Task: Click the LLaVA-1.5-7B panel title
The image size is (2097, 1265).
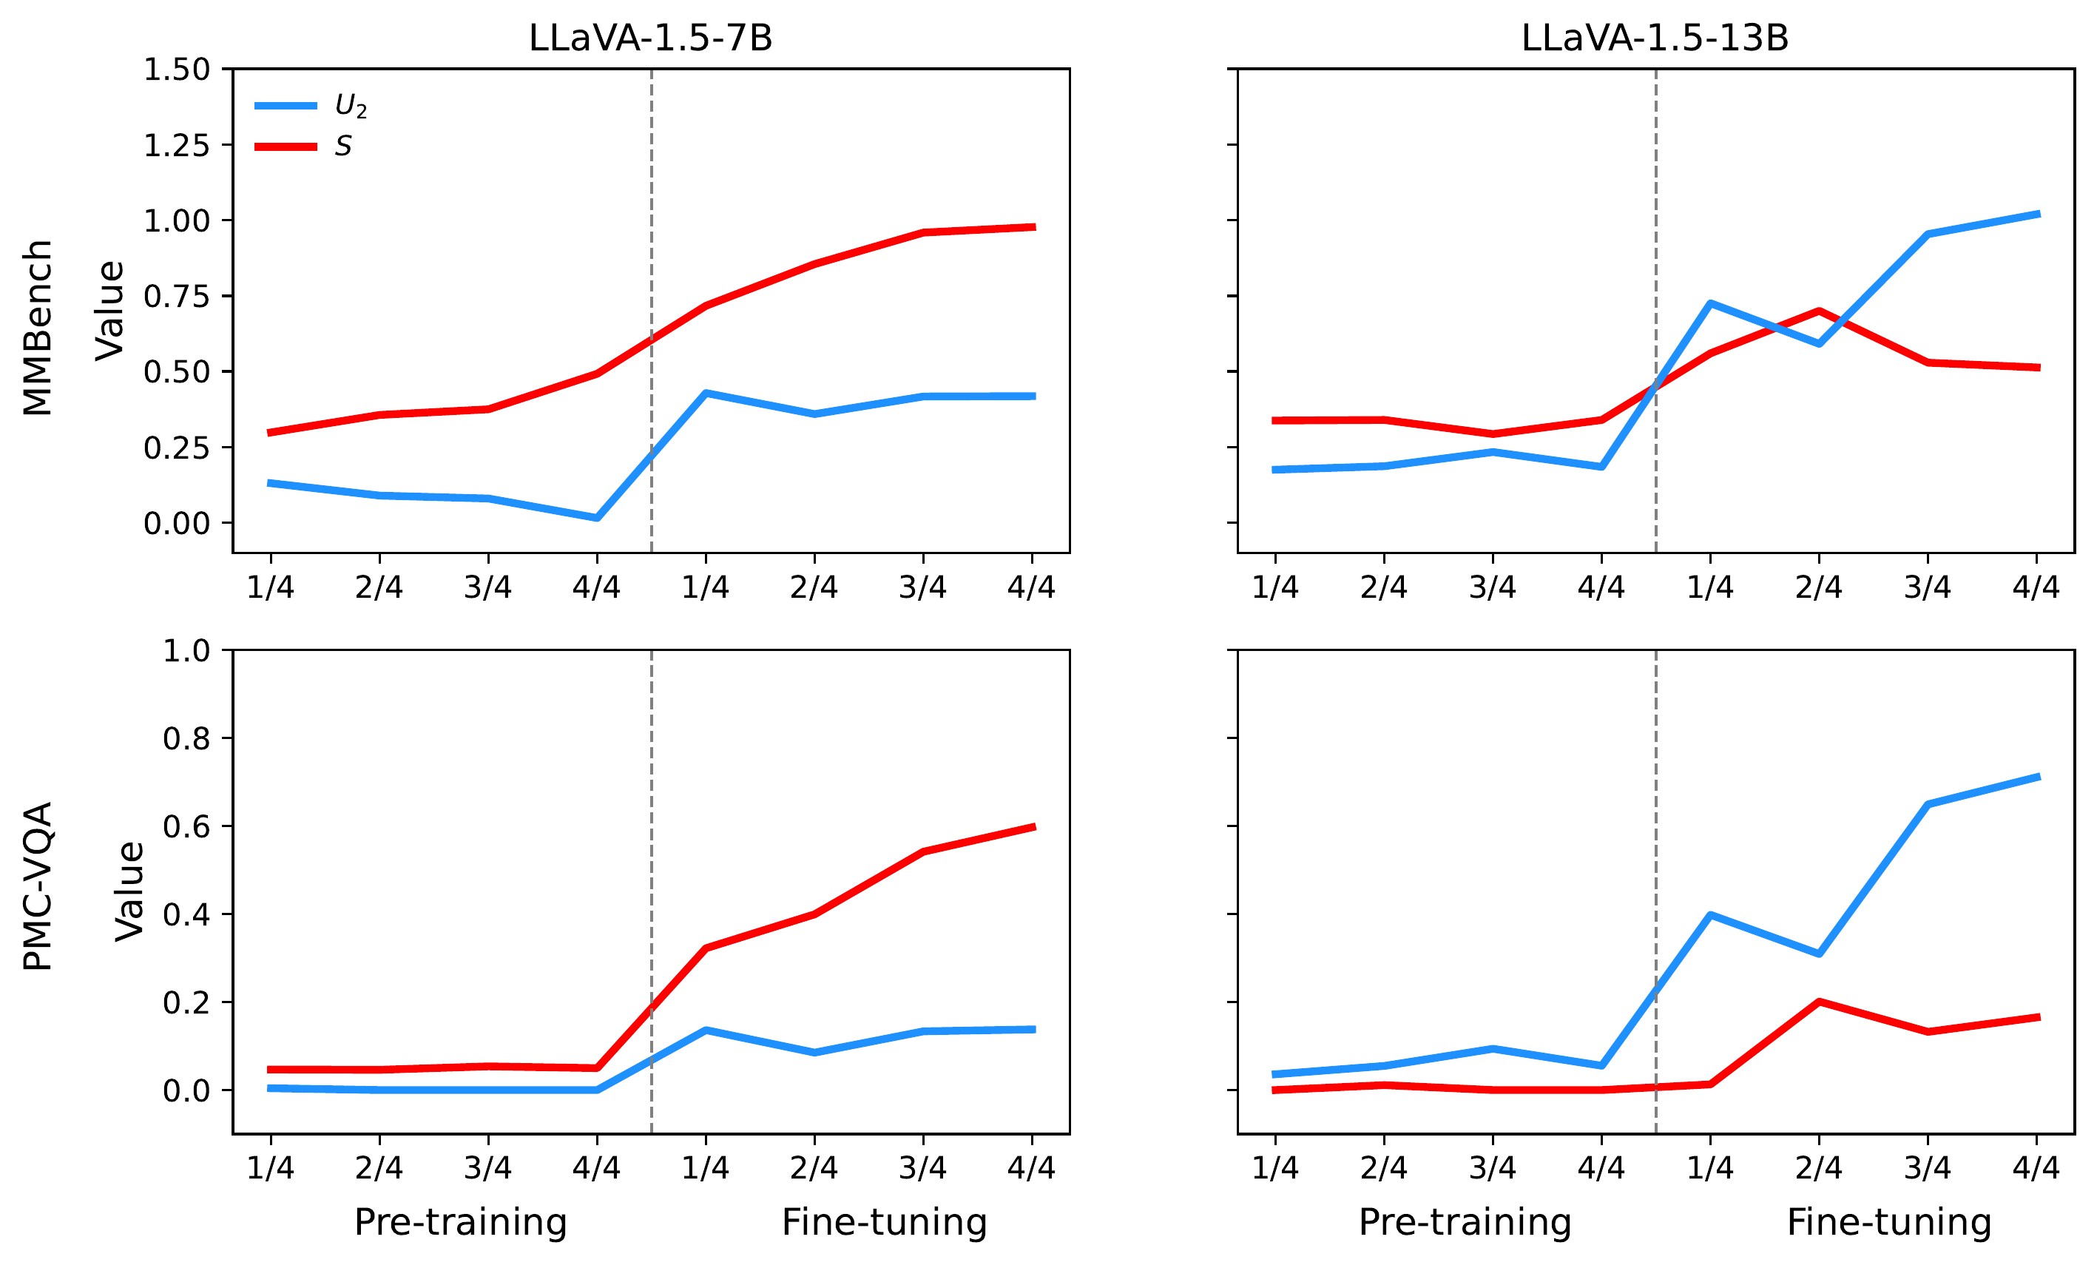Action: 650,38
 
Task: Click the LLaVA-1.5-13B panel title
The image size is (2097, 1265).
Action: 1655,38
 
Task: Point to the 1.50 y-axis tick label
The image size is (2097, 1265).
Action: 176,70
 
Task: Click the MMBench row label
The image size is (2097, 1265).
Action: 38,328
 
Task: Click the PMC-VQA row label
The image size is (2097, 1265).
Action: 38,886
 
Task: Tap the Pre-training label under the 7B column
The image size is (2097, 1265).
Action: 460,1221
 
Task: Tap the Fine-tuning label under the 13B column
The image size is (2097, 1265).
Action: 1888,1221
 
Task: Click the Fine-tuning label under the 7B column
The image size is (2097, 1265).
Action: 884,1221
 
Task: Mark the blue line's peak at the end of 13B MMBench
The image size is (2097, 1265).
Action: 2036,215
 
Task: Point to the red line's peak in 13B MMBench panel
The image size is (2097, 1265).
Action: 1819,311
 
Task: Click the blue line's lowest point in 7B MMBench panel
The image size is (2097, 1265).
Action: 597,518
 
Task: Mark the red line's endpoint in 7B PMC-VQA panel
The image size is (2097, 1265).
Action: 1033,826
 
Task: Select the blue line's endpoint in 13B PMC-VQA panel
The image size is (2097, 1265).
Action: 2036,776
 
